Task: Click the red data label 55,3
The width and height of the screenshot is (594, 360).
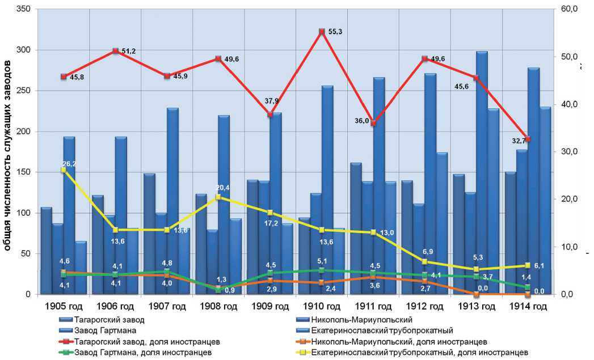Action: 335,32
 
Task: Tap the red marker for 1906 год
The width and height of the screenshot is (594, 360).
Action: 116,51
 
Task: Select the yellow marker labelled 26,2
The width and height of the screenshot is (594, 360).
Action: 64,170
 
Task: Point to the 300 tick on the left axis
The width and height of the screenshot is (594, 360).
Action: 26,50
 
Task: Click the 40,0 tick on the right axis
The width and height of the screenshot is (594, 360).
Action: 569,104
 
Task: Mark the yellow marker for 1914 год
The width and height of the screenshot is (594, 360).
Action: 528,265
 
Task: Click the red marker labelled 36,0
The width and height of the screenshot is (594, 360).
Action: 373,124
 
